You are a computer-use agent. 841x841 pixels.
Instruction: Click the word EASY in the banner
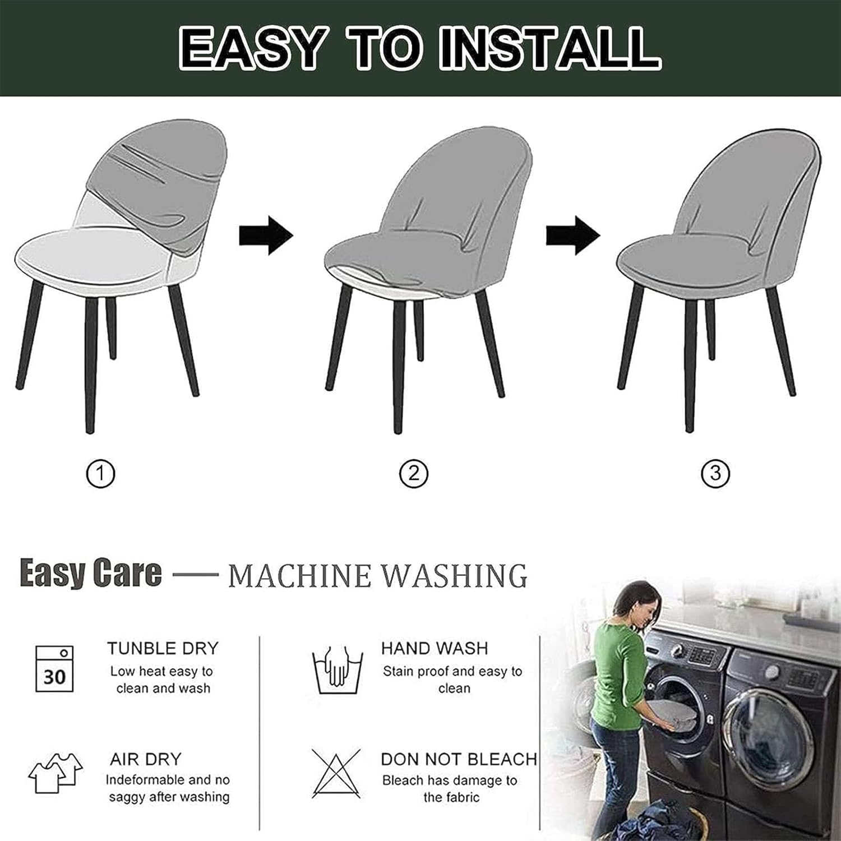pos(253,49)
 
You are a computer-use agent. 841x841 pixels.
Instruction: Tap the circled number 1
pos(100,474)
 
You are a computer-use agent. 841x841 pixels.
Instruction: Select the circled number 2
pos(414,474)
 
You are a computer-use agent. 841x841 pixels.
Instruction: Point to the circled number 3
pos(715,474)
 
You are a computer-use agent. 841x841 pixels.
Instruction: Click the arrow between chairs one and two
pos(266,235)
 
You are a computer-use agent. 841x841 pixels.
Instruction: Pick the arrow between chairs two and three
pos(573,235)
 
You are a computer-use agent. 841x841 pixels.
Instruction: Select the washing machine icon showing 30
pos(54,669)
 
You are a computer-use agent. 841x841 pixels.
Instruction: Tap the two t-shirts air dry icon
pos(56,773)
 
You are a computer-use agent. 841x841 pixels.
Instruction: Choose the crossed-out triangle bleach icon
pos(336,774)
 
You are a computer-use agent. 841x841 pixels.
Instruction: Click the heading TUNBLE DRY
pos(163,649)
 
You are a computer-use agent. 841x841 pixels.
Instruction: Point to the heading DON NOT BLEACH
pos(459,759)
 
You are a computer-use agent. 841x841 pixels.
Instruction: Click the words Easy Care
pos(91,574)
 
